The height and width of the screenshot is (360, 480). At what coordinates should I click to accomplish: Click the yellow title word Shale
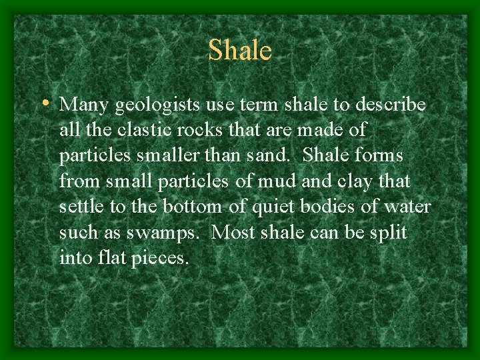239,51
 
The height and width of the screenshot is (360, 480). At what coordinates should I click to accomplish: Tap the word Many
85,105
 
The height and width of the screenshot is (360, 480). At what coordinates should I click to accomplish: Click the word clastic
143,130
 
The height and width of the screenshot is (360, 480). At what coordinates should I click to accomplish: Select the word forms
379,155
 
